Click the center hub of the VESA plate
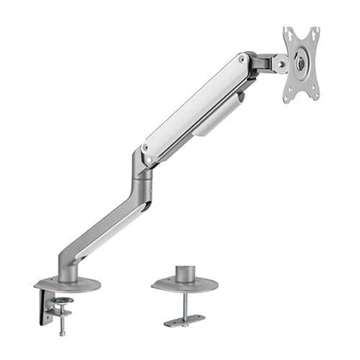pos(301,64)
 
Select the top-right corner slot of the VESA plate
pos(315,31)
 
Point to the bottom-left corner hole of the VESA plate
pos(288,97)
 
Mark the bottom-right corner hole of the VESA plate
pos(315,96)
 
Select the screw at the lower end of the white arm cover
pos(148,159)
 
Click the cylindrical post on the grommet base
pos(184,273)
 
